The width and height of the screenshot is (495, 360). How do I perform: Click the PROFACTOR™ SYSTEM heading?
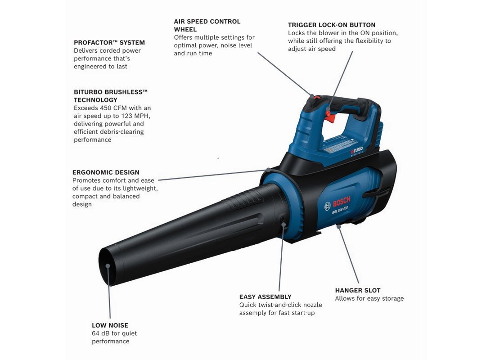point(109,43)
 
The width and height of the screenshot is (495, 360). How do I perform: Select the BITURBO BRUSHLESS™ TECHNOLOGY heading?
point(111,96)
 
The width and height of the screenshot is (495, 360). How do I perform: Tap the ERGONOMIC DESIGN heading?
point(106,172)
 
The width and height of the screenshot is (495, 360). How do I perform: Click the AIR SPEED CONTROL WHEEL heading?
point(207,25)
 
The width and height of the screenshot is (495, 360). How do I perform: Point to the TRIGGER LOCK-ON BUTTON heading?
point(332,25)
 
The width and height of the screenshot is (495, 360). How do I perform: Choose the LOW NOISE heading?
point(110,325)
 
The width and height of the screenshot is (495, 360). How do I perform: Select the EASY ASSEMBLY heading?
point(265,297)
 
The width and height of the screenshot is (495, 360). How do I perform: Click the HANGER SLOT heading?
point(358,290)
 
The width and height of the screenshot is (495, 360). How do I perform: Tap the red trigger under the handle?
point(330,116)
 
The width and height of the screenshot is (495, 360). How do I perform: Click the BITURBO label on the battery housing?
point(357,151)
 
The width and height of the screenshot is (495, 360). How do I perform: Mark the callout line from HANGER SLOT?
point(348,255)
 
